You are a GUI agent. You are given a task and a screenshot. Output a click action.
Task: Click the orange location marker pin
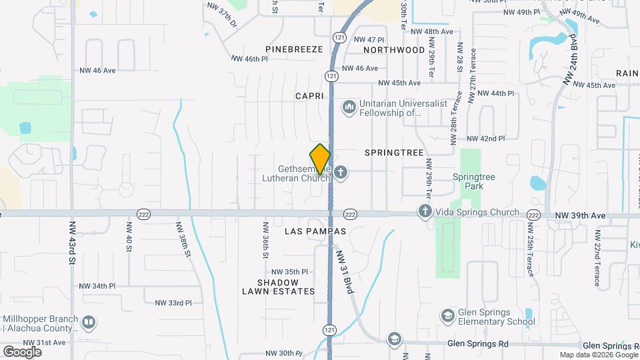pos(320,159)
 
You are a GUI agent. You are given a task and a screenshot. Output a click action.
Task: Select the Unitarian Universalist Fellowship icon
pos(349,107)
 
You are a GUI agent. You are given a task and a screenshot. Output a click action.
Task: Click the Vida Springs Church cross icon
pos(425,212)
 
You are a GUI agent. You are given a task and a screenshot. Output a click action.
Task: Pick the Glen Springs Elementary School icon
pos(448,315)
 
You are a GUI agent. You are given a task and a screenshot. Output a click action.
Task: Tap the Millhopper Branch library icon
pos(88,323)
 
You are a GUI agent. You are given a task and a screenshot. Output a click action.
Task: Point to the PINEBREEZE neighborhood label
pos(293,49)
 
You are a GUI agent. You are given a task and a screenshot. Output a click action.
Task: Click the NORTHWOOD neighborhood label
pos(394,50)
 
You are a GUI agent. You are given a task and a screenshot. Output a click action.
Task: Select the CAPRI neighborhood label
pos(309,96)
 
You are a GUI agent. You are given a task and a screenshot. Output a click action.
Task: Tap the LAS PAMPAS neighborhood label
pos(315,231)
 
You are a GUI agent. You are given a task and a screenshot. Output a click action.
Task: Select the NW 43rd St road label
pos(72,243)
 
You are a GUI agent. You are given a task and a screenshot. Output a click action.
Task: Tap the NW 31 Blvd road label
pos(344,275)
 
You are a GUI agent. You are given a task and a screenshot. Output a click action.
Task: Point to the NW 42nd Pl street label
pos(485,139)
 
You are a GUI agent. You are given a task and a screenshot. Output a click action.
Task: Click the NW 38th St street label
pos(185,241)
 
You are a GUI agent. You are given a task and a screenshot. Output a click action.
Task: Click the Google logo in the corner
pos(22,351)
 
